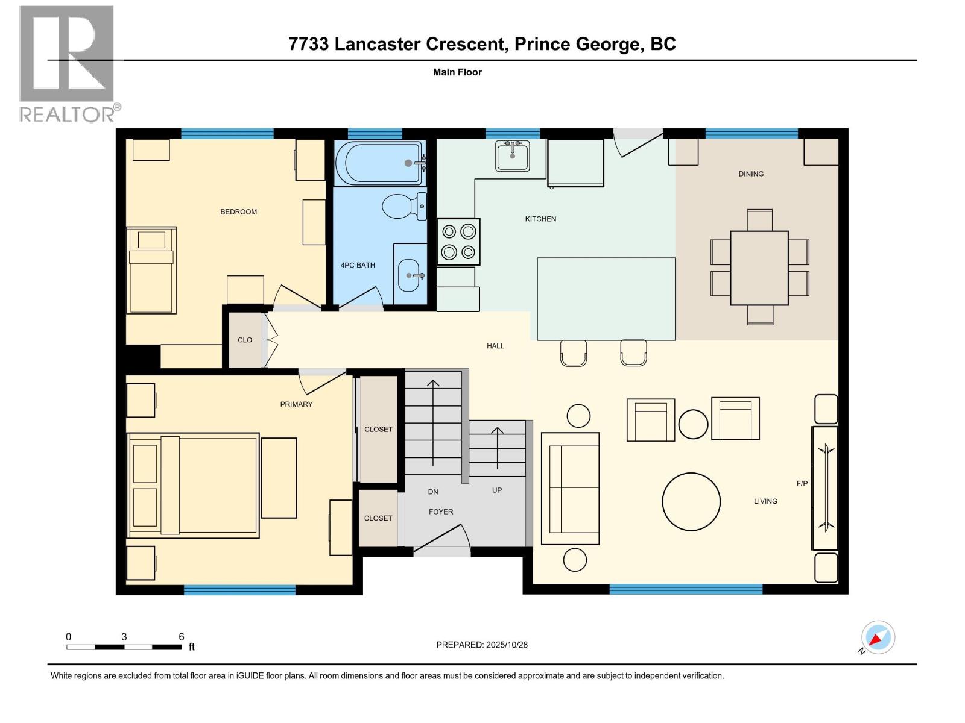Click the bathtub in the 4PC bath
click(379, 163)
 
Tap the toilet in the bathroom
click(403, 207)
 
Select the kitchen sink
click(512, 155)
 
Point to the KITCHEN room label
click(540, 219)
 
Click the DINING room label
click(751, 174)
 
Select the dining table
click(759, 268)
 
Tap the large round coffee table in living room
click(691, 501)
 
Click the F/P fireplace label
click(802, 483)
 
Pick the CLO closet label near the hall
click(245, 340)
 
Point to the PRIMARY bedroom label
click(296, 404)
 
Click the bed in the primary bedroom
click(194, 485)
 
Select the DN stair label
click(433, 492)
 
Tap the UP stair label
click(497, 490)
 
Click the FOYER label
click(441, 512)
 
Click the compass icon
click(878, 637)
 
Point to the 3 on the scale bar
click(124, 637)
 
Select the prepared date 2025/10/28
click(506, 645)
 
